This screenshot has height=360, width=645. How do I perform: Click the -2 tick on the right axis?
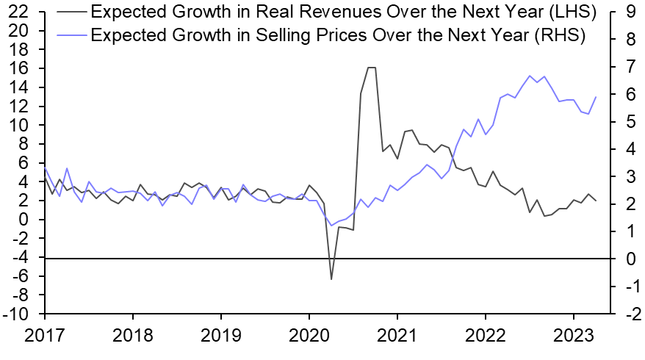tap(617, 314)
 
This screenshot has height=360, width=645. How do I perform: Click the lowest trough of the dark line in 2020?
tap(331, 279)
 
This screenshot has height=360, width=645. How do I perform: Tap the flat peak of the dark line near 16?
tap(372, 68)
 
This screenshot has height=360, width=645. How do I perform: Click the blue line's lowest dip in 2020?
tap(331, 226)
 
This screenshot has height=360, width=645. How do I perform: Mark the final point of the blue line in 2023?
tap(596, 97)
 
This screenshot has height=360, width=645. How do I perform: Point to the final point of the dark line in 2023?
tap(596, 201)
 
